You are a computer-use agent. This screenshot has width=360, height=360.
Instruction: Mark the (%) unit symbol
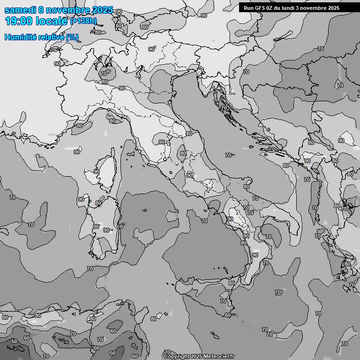(x=72, y=37)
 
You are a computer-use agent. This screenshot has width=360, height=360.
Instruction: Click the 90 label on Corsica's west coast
(x=97, y=172)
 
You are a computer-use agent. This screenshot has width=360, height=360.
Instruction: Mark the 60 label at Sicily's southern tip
(x=227, y=315)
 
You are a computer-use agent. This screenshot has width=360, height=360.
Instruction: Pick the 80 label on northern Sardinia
(x=98, y=203)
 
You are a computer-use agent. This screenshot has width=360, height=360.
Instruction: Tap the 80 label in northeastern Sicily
(x=232, y=283)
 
